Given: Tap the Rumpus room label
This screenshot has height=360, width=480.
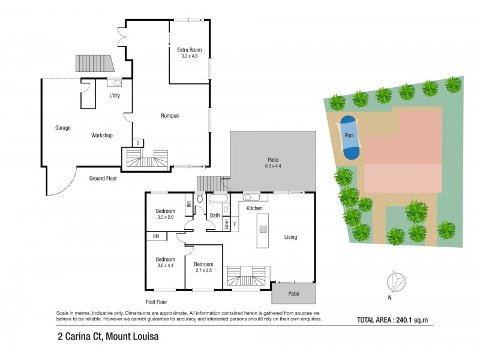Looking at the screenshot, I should click(x=170, y=115).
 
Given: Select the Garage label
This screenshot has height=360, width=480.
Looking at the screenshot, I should click(x=63, y=128).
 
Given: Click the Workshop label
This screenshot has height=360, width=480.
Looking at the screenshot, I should click(x=102, y=136).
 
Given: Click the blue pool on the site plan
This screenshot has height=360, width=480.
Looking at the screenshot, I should click(x=349, y=136).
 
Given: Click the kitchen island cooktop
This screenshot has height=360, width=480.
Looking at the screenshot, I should click(x=262, y=229).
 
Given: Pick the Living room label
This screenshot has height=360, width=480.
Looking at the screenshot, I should click(x=291, y=237).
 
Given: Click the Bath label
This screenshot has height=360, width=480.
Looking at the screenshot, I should click(x=215, y=215).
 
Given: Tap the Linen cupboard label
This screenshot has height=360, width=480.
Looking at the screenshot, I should click(x=227, y=224).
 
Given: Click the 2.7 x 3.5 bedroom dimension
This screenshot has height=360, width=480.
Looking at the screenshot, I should click(x=203, y=271).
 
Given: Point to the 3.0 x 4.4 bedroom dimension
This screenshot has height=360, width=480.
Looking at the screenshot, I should click(x=165, y=266).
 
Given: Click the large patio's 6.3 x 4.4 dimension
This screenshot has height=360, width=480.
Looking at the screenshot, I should click(x=274, y=167).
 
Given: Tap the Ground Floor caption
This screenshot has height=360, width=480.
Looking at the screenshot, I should click(x=103, y=178).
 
